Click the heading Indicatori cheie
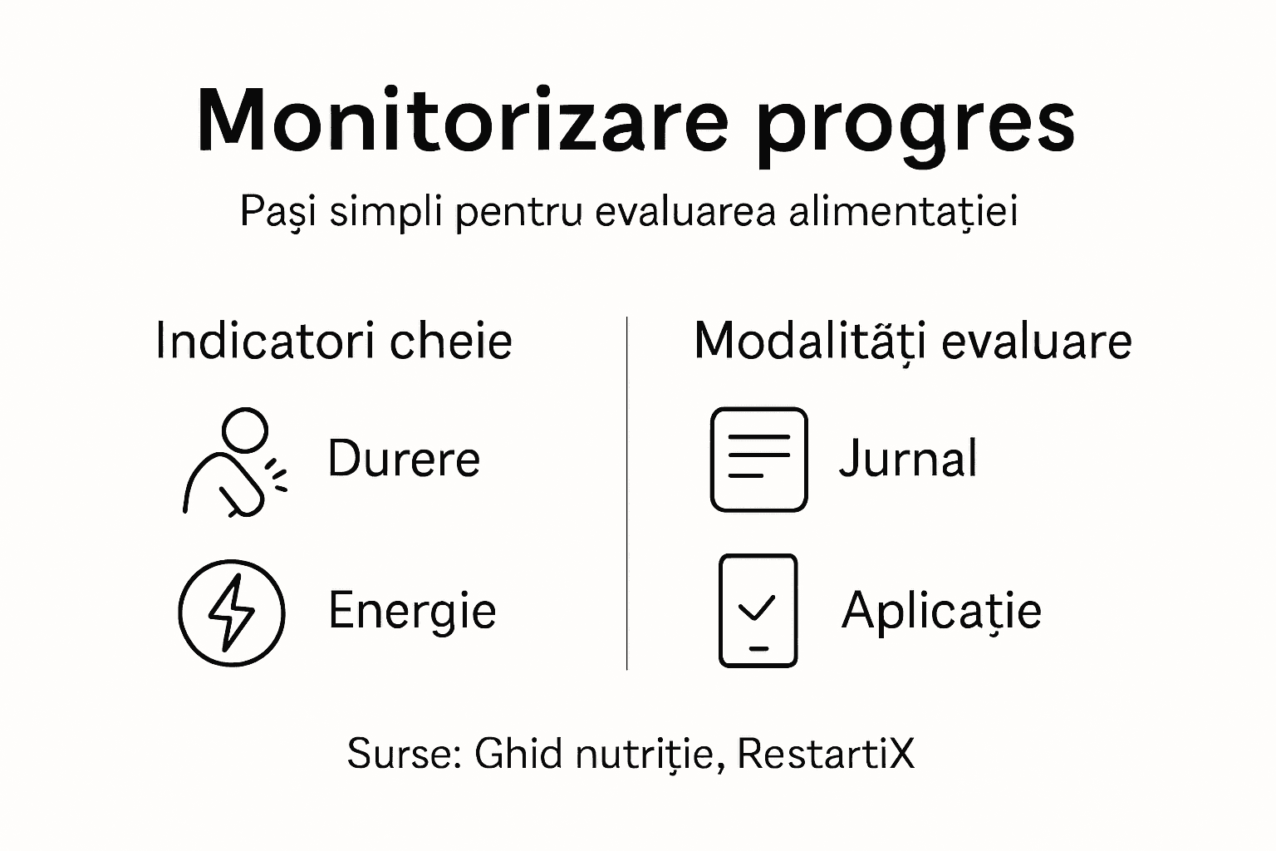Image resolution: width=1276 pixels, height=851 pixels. (x=334, y=342)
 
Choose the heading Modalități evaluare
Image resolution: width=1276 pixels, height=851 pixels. (x=912, y=342)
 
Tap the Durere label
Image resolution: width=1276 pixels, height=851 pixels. (x=404, y=459)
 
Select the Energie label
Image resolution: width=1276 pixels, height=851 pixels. (x=412, y=611)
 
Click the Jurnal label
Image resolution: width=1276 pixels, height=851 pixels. (x=908, y=459)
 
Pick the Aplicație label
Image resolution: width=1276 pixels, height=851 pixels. (x=940, y=611)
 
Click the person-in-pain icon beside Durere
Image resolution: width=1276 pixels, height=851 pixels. (x=233, y=462)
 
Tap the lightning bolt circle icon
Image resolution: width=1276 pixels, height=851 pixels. (x=232, y=612)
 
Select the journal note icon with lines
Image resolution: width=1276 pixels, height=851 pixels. (x=758, y=459)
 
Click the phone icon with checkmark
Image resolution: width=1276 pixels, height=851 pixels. (x=758, y=611)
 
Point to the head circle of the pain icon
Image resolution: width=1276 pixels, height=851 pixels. (x=246, y=430)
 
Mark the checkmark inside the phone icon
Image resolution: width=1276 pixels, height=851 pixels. (x=757, y=608)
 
